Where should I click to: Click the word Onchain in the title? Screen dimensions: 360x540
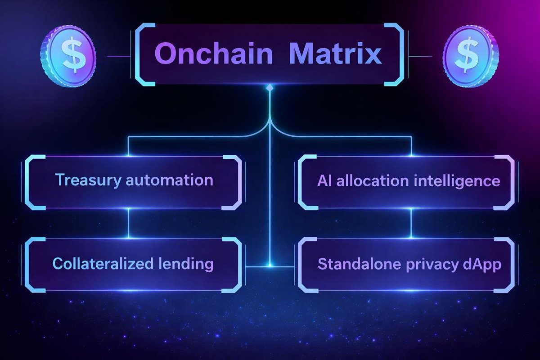213,55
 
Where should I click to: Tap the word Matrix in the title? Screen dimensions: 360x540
335,55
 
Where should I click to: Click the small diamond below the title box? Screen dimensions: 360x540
270,87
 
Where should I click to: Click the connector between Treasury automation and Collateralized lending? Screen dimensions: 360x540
129,224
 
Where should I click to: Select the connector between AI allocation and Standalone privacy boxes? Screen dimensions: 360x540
411,224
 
